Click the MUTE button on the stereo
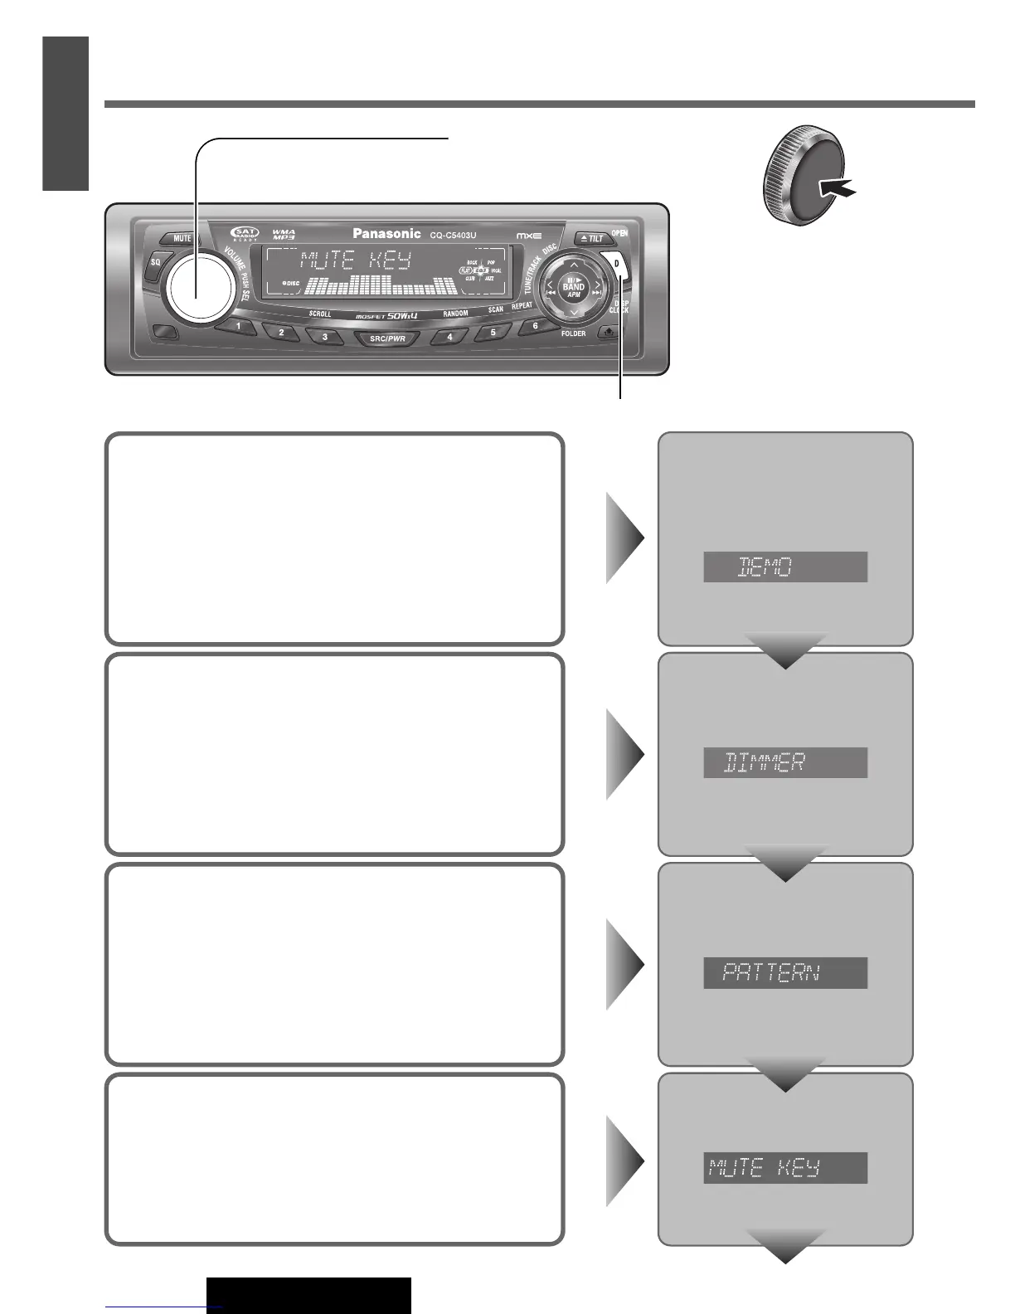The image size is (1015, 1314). pyautogui.click(x=182, y=238)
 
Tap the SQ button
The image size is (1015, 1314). pyautogui.click(x=155, y=263)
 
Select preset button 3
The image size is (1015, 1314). pyautogui.click(x=324, y=337)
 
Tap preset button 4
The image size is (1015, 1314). pyautogui.click(x=450, y=337)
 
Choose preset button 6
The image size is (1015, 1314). pyautogui.click(x=535, y=326)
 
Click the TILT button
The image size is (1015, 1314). pyautogui.click(x=592, y=238)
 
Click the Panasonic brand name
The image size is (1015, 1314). pyautogui.click(x=386, y=234)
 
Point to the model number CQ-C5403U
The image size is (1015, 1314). pyautogui.click(x=453, y=236)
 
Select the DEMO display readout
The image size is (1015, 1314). pyautogui.click(x=784, y=567)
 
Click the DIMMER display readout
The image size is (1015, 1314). pyautogui.click(x=784, y=762)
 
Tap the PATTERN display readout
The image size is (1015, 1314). pyautogui.click(x=784, y=972)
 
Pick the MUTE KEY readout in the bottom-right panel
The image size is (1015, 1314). pyautogui.click(x=784, y=1168)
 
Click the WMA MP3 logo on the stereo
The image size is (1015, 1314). pyautogui.click(x=284, y=235)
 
